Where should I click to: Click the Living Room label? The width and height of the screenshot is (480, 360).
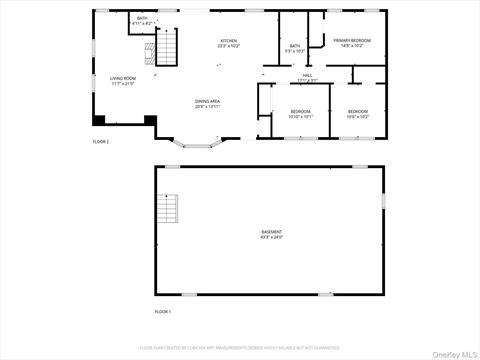pyautogui.click(x=122, y=80)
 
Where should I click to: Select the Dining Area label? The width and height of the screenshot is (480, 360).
pyautogui.click(x=207, y=103)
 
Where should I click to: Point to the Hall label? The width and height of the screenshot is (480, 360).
pyautogui.click(x=307, y=77)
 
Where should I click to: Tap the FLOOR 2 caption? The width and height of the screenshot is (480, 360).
pyautogui.click(x=100, y=142)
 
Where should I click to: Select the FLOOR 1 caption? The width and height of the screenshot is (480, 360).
pyautogui.click(x=163, y=312)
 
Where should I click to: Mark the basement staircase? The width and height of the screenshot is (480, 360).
pyautogui.click(x=167, y=210)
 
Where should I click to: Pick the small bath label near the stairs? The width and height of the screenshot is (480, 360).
pyautogui.click(x=142, y=20)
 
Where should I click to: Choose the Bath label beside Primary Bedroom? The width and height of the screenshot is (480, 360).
pyautogui.click(x=295, y=46)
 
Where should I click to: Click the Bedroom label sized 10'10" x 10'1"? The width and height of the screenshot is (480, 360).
pyautogui.click(x=301, y=113)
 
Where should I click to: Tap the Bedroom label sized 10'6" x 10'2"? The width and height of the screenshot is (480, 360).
pyautogui.click(x=358, y=113)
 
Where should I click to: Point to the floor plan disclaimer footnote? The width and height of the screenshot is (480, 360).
pyautogui.click(x=239, y=347)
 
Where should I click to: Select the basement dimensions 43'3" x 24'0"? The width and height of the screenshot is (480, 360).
pyautogui.click(x=271, y=238)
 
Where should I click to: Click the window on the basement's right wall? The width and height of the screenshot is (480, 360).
pyautogui.click(x=383, y=201)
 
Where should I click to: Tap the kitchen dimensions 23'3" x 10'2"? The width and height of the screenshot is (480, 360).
pyautogui.click(x=230, y=46)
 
